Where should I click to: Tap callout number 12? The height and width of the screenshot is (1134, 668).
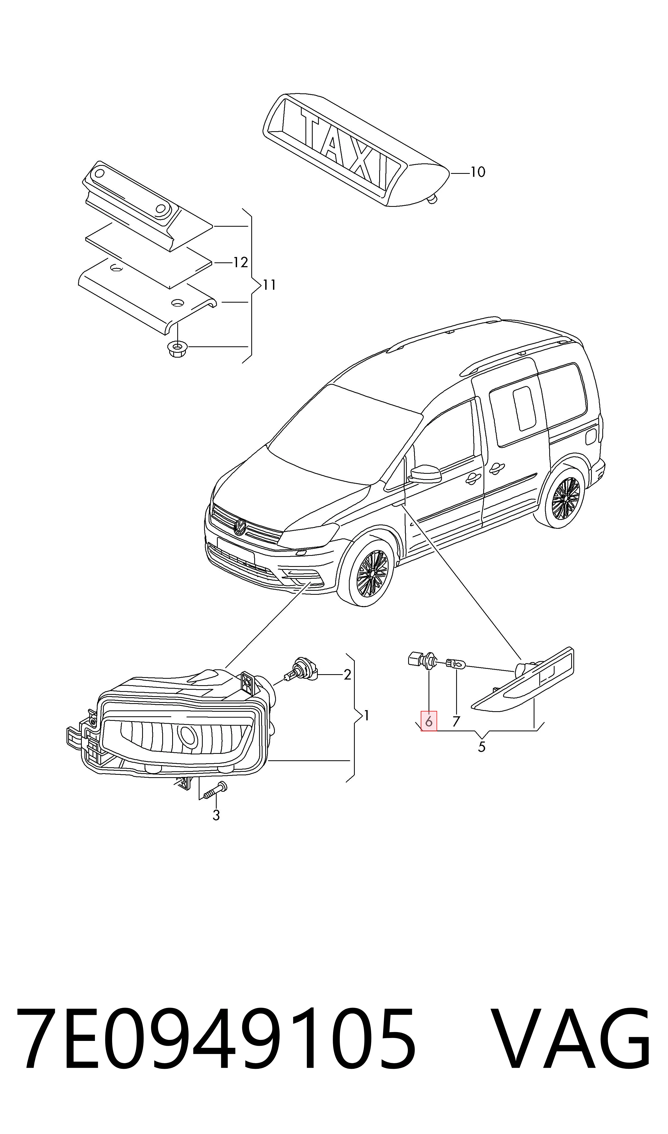[x=241, y=262]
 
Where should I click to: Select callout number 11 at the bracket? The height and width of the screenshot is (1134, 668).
[x=269, y=285]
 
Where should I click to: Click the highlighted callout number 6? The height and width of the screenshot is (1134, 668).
[x=429, y=721]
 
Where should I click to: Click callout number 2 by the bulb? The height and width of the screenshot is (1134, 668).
[x=347, y=674]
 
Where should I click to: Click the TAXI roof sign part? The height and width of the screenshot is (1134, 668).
[x=356, y=150]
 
